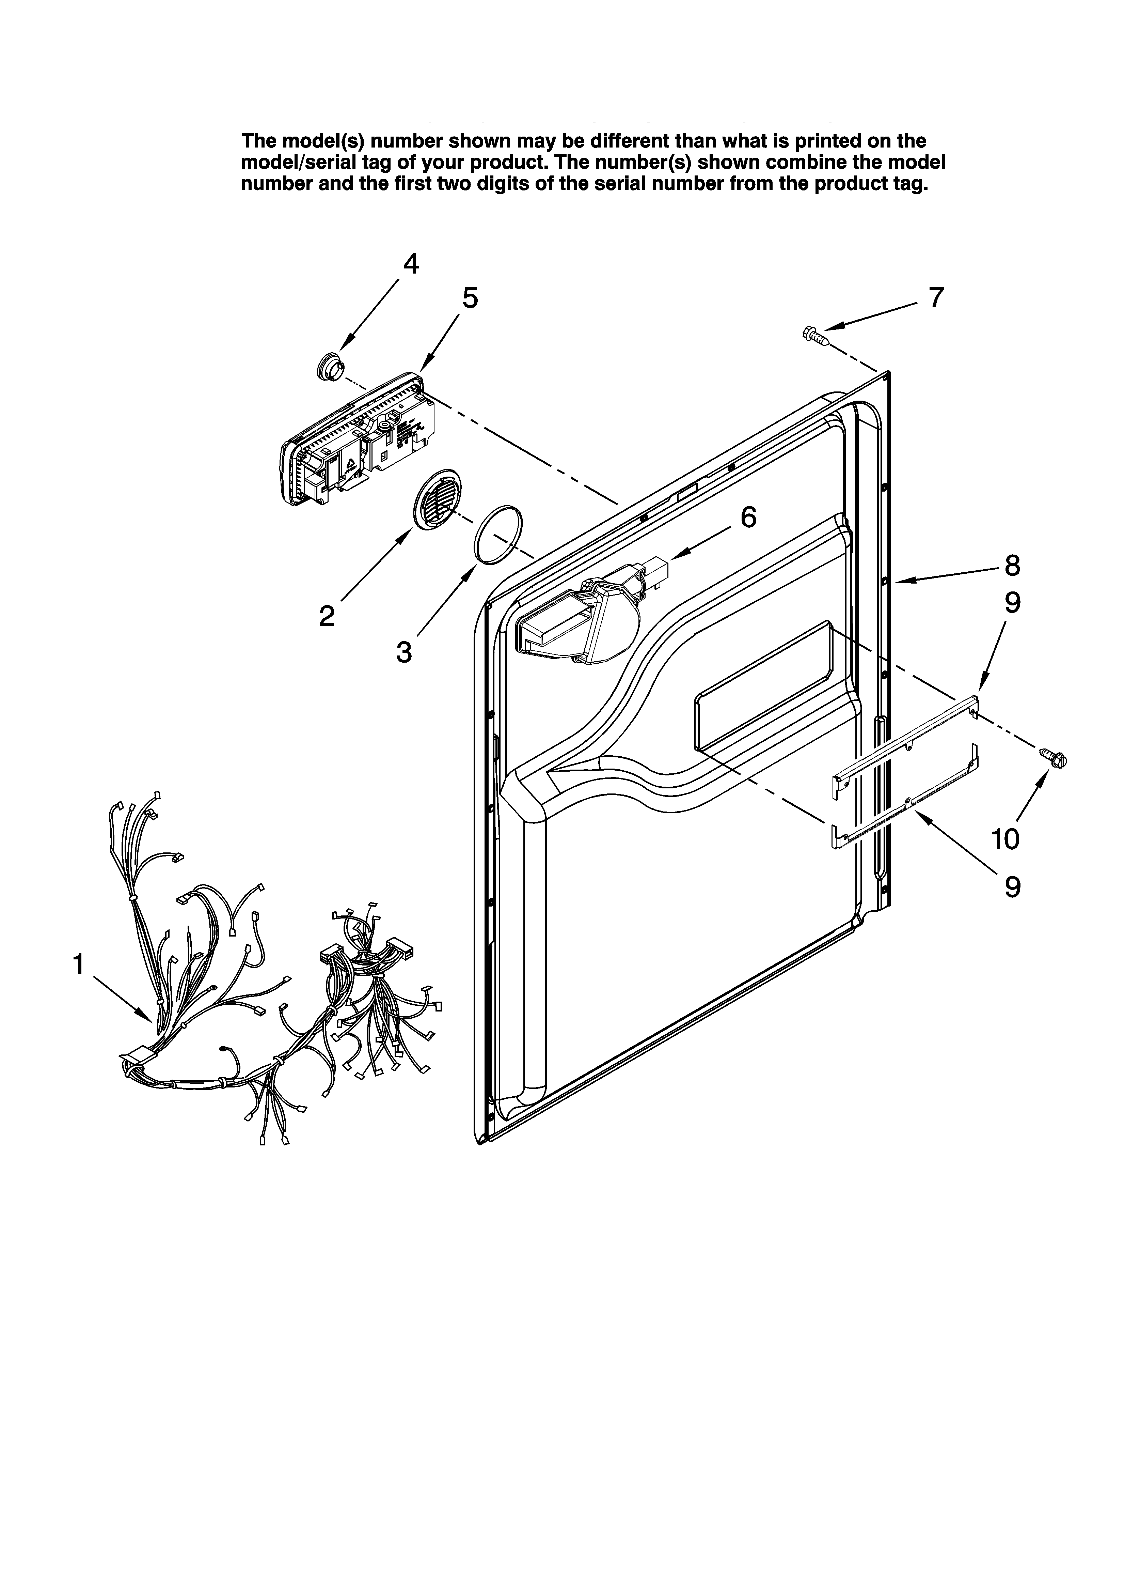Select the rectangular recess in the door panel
click(x=764, y=688)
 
